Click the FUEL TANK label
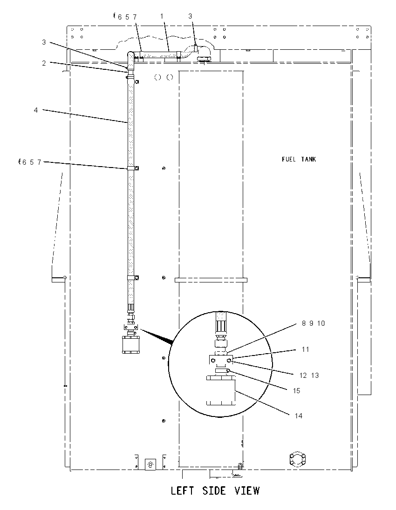299,159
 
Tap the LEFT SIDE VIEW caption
215,490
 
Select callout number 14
299,416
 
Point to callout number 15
296,390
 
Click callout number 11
306,349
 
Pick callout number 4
36,110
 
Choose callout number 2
44,63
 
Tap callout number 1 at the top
162,16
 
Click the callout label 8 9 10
313,323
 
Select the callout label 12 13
309,376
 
